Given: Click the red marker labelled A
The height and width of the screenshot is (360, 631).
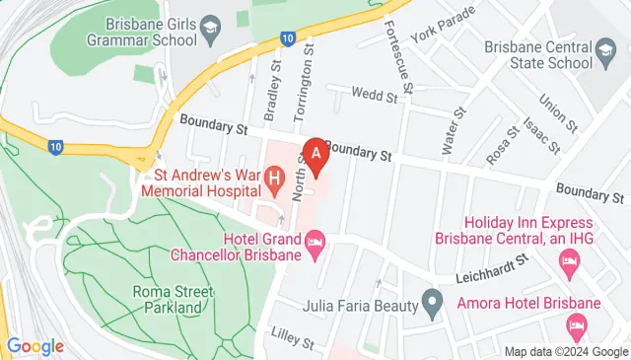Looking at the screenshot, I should [x=315, y=155].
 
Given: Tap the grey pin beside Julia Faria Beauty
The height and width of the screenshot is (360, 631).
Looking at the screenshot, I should [x=431, y=302].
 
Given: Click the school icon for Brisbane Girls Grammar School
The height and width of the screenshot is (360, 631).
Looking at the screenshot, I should [x=209, y=25].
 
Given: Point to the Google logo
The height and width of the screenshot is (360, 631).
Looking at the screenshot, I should [x=35, y=346].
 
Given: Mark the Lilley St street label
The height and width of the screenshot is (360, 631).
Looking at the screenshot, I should [x=292, y=344].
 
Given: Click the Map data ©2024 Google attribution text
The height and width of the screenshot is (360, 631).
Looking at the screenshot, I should [x=565, y=351].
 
